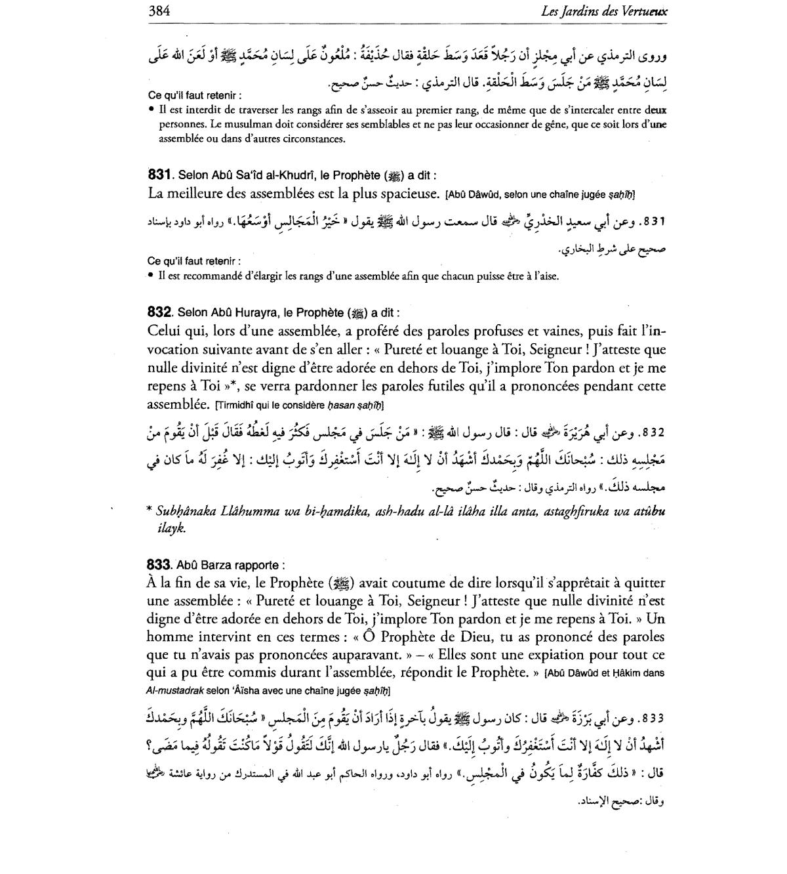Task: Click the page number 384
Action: point(160,11)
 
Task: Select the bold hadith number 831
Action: point(159,175)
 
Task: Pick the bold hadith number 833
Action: point(159,564)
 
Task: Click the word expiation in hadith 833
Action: point(556,654)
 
